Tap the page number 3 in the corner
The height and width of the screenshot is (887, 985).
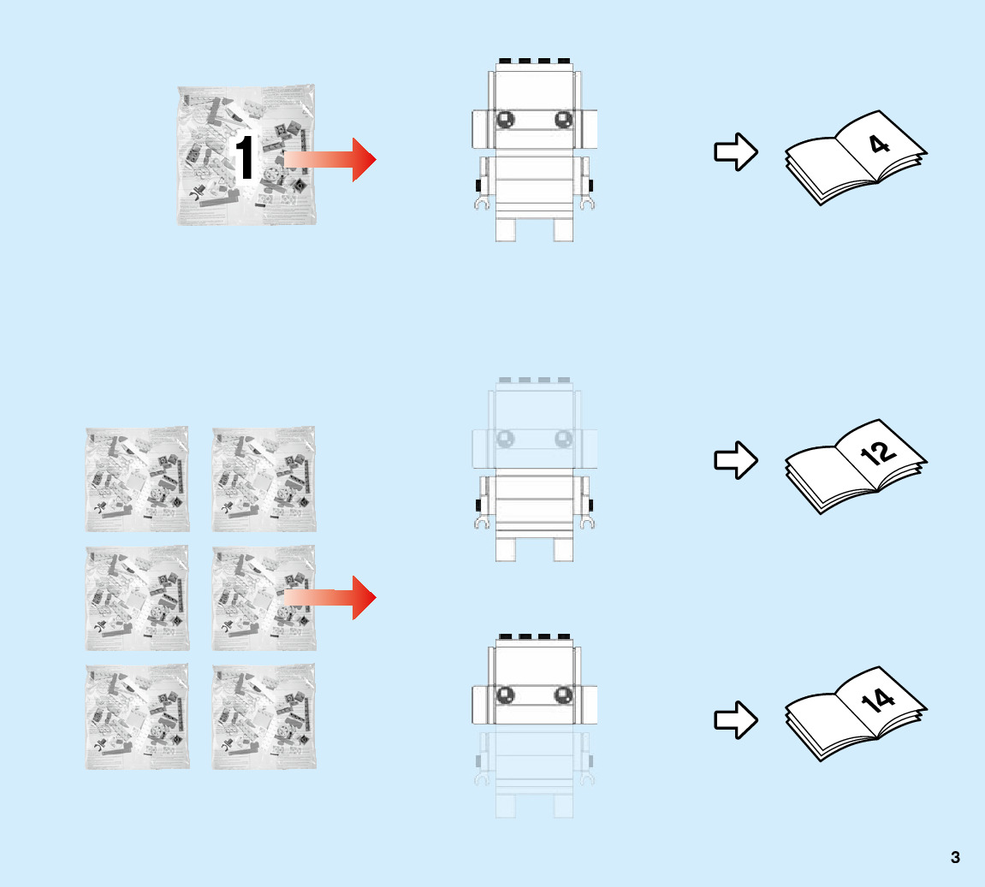955,857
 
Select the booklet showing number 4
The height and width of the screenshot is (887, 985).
856,158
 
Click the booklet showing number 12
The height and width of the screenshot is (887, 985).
856,466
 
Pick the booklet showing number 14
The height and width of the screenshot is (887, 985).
856,714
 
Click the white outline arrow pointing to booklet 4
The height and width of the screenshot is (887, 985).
735,152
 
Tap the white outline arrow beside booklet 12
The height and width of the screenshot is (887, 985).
735,460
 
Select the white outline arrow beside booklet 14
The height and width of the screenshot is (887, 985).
735,719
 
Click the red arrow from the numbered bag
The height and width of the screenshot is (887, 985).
330,159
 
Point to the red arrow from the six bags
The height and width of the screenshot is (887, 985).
330,597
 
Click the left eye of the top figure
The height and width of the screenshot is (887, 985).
506,120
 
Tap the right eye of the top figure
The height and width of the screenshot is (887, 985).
563,120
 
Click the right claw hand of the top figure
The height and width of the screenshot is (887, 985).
587,204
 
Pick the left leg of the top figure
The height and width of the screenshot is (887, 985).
506,229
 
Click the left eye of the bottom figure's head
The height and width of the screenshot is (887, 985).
506,694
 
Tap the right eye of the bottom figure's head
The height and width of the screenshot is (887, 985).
563,694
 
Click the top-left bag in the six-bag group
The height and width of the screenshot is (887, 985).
137,479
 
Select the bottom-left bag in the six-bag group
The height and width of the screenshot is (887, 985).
137,717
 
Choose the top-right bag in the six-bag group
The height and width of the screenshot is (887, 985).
264,479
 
